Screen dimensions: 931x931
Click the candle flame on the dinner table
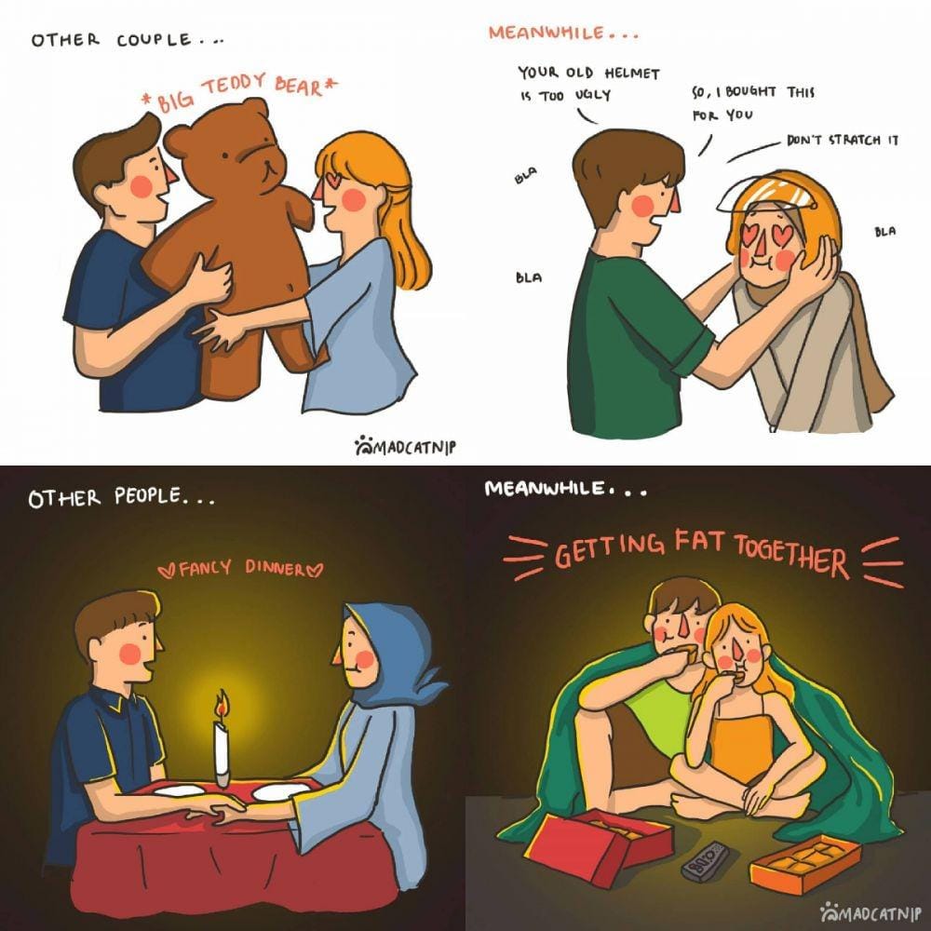click(223, 707)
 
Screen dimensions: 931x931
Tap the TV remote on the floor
click(706, 861)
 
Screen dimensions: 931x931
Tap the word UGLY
click(592, 95)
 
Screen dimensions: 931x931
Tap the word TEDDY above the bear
click(234, 88)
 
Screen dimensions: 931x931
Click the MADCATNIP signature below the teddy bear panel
click(406, 446)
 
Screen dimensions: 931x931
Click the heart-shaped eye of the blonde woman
click(335, 177)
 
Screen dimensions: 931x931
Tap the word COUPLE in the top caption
click(154, 40)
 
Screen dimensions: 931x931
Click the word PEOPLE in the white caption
click(147, 496)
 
